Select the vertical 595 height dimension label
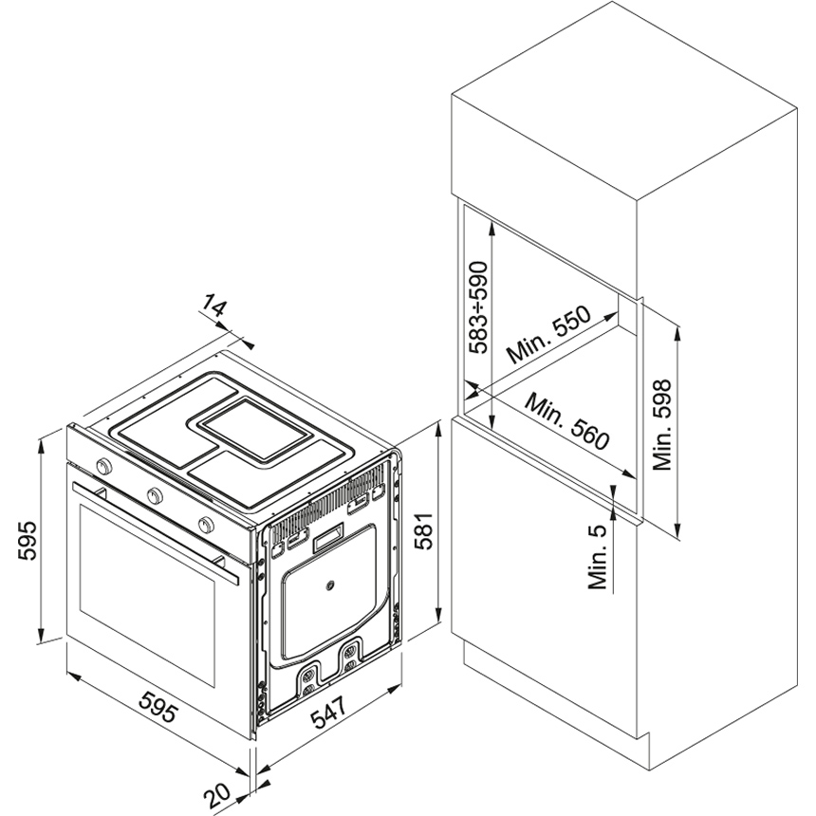pos(28,540)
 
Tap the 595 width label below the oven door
pos(158,706)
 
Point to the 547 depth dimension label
pos(328,712)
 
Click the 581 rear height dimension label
pos(424,530)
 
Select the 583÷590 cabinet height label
pos(478,307)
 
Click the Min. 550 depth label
pos(549,335)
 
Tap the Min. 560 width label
pos(567,421)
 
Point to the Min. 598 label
pos(662,425)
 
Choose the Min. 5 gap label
pos(598,557)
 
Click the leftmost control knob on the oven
pos(104,465)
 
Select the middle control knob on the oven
pos(155,495)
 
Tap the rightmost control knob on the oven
pos(206,525)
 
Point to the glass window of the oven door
pos(147,595)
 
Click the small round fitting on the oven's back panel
pos(329,586)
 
